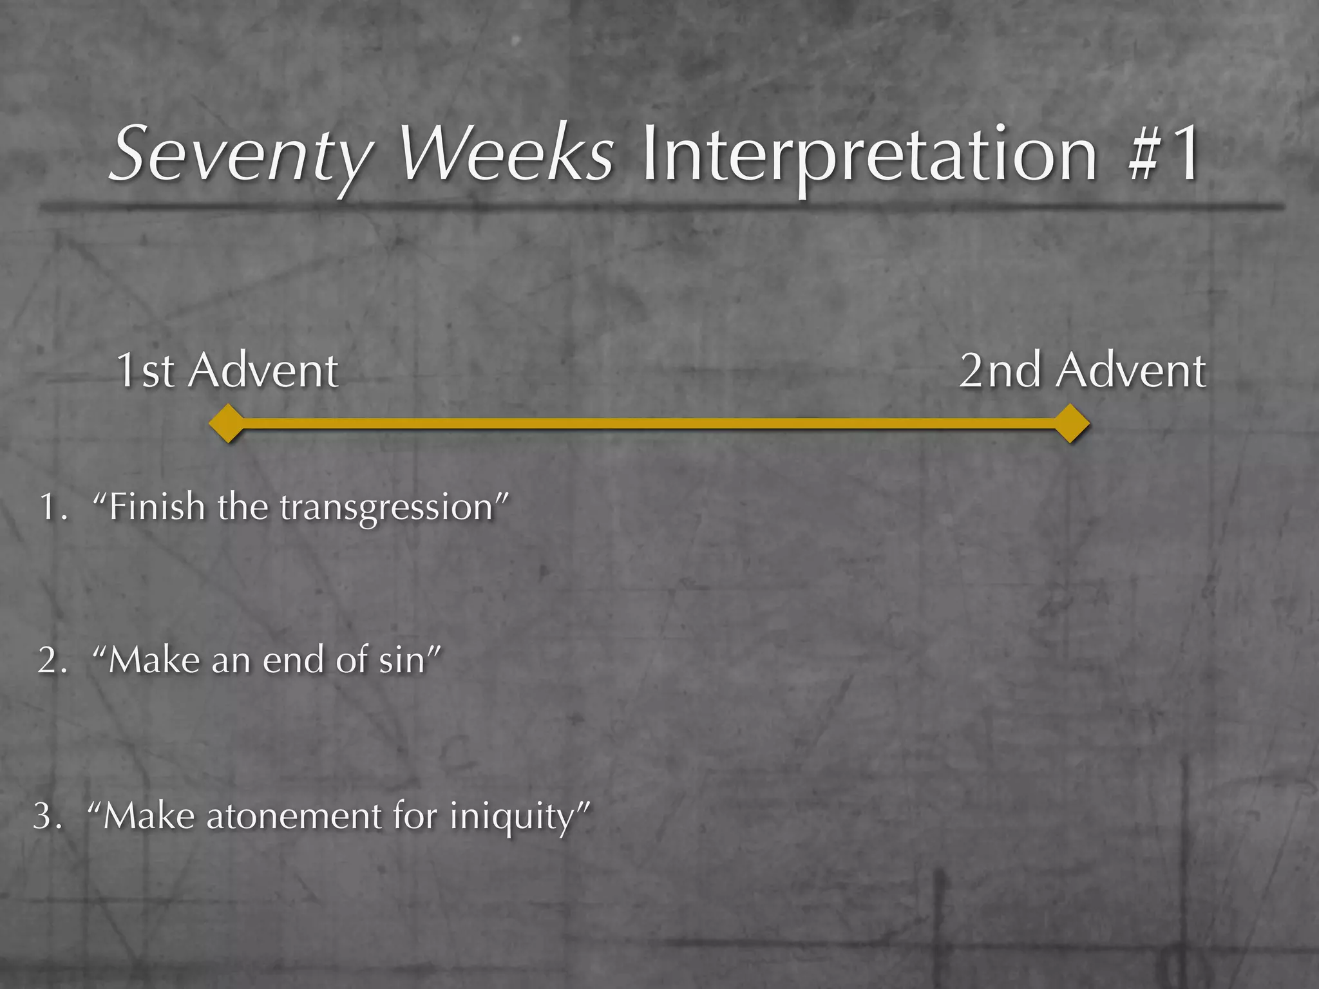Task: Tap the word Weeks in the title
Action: click(x=506, y=155)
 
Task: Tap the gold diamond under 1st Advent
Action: click(x=227, y=424)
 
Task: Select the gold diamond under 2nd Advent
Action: click(x=1070, y=424)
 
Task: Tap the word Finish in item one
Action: click(x=157, y=507)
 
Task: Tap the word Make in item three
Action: click(x=149, y=816)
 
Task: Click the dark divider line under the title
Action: click(x=659, y=207)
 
